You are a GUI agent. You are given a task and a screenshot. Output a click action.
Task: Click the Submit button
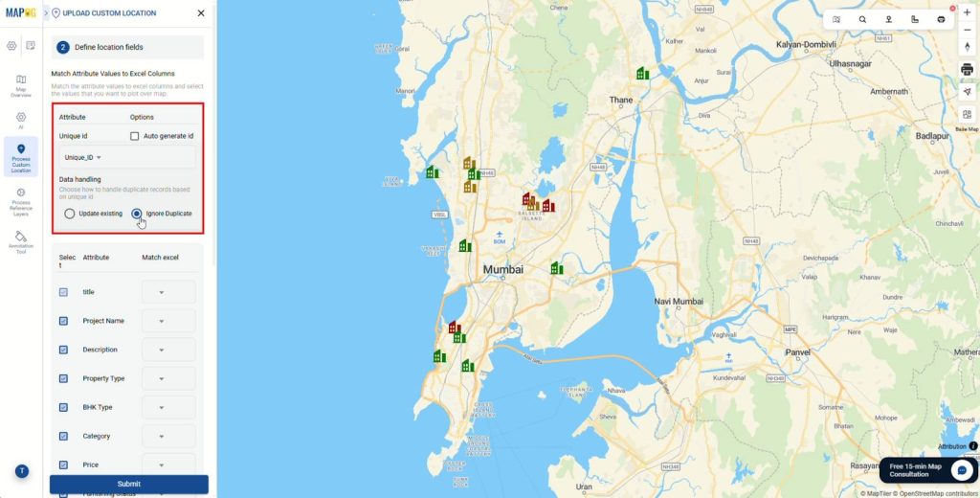pyautogui.click(x=128, y=484)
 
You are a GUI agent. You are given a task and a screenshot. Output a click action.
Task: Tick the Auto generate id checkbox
pyautogui.click(x=135, y=136)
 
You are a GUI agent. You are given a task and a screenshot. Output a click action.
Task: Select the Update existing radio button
pyautogui.click(x=70, y=214)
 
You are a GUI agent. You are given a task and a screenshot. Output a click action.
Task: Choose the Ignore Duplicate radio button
pyautogui.click(x=137, y=214)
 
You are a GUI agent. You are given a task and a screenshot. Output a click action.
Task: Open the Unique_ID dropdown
pyautogui.click(x=83, y=157)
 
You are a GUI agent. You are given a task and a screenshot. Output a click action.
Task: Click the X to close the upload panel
pyautogui.click(x=200, y=13)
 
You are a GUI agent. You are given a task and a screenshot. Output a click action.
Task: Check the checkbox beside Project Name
pyautogui.click(x=63, y=321)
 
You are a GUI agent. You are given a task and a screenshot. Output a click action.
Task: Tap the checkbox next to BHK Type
pyautogui.click(x=63, y=407)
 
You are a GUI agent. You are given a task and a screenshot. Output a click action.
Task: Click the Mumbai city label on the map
pyautogui.click(x=503, y=270)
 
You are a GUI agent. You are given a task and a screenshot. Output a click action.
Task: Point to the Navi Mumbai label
pyautogui.click(x=679, y=301)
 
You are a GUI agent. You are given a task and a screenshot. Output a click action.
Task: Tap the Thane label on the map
pyautogui.click(x=621, y=100)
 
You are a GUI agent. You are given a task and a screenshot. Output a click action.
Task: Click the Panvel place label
pyautogui.click(x=797, y=351)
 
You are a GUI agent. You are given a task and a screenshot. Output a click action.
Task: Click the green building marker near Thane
pyautogui.click(x=643, y=73)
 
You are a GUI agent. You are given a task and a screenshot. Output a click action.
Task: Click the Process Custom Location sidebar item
pyautogui.click(x=21, y=157)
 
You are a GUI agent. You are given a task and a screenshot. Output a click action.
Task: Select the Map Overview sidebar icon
pyautogui.click(x=21, y=85)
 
